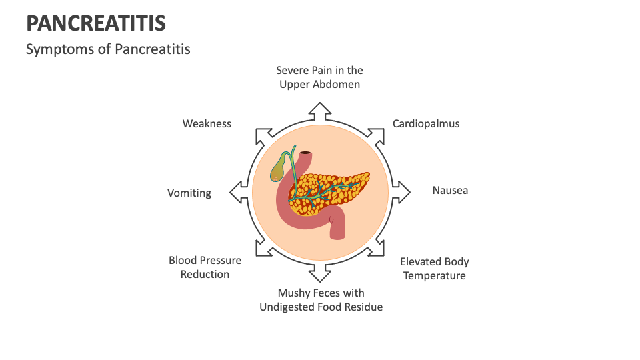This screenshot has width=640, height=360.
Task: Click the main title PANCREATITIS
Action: tap(96, 23)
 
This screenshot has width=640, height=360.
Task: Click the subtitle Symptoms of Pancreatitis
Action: tap(108, 49)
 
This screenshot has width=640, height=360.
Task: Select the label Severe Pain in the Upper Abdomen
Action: tap(319, 77)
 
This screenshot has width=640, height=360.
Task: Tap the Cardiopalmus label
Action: tap(425, 123)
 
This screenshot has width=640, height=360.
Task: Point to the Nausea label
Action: tap(450, 191)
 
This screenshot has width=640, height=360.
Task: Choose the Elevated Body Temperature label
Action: tap(434, 269)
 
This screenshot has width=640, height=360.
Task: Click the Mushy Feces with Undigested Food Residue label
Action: tap(321, 300)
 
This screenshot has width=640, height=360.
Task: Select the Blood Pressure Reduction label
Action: tap(205, 267)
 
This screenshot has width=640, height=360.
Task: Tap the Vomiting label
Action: tap(189, 193)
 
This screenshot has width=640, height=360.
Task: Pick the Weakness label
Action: tap(207, 123)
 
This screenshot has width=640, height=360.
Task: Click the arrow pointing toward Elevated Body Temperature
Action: tap(377, 249)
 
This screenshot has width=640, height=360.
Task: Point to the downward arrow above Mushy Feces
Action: tap(320, 273)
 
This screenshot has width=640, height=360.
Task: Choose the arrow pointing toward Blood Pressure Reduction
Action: tap(263, 249)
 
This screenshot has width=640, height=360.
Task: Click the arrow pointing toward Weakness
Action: tap(263, 135)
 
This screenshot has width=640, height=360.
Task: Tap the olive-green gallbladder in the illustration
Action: tap(278, 169)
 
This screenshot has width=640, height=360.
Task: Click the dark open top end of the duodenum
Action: tap(305, 153)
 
